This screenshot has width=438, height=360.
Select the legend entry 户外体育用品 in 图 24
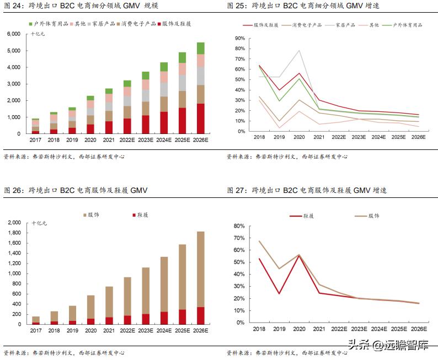click(49, 24)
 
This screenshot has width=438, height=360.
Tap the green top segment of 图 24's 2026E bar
click(200, 48)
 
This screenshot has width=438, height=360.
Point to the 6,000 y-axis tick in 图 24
click(13, 34)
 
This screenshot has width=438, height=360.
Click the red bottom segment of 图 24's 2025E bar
click(182, 121)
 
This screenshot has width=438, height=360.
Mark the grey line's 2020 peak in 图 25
click(298, 51)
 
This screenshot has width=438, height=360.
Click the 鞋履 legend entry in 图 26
click(141, 215)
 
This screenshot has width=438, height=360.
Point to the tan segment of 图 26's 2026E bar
click(200, 265)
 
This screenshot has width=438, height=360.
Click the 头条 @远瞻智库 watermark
click(388, 346)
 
